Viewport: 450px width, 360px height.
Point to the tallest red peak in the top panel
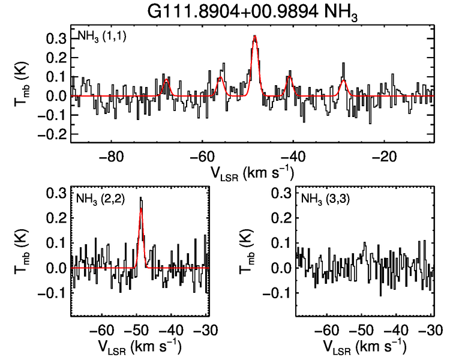(255, 37)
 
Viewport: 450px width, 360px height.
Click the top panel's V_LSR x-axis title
(252, 173)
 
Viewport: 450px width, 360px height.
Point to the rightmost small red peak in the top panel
(343, 80)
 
